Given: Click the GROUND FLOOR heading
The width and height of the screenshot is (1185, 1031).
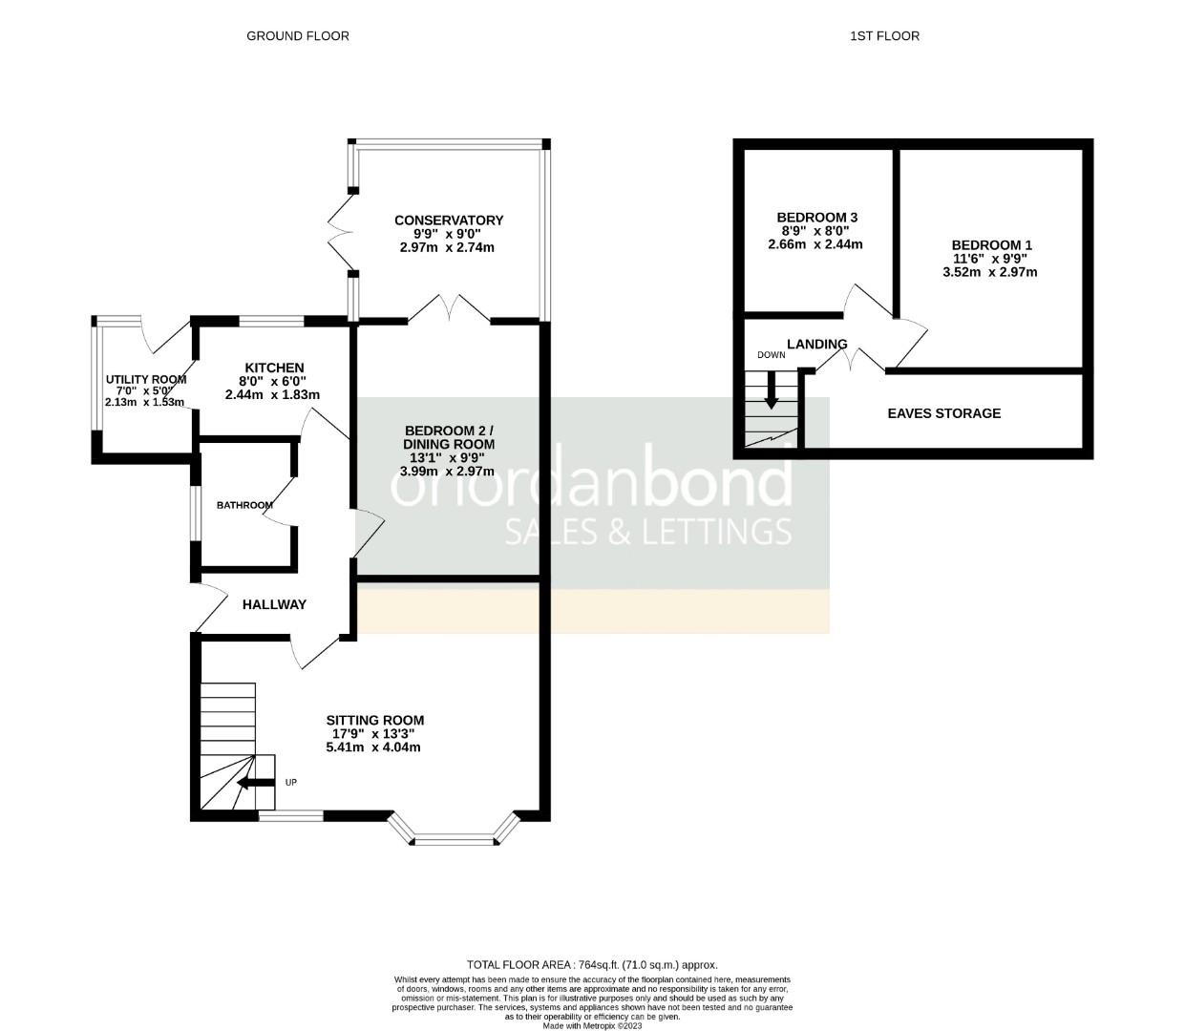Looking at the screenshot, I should pyautogui.click(x=298, y=36).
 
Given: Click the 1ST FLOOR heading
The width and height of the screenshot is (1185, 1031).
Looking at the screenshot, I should pyautogui.click(x=884, y=36).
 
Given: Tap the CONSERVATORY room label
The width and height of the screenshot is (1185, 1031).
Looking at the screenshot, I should pyautogui.click(x=448, y=221).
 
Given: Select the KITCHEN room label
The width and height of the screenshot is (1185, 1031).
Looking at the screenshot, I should pyautogui.click(x=274, y=368).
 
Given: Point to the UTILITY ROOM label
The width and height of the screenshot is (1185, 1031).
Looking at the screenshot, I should pyautogui.click(x=145, y=379).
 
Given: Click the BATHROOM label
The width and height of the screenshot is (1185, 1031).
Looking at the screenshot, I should pyautogui.click(x=244, y=505).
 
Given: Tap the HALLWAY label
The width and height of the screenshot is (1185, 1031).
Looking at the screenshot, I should pyautogui.click(x=274, y=604).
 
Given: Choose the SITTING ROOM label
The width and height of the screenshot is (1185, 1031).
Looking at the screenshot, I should pyautogui.click(x=374, y=721).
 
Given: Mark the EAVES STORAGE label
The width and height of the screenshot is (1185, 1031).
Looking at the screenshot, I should pyautogui.click(x=943, y=413).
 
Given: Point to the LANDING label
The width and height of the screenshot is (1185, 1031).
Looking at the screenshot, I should pyautogui.click(x=816, y=344).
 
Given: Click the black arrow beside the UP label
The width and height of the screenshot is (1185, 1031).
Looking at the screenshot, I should pyautogui.click(x=255, y=784).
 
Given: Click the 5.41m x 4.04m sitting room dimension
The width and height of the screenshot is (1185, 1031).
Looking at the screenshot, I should pyautogui.click(x=373, y=747).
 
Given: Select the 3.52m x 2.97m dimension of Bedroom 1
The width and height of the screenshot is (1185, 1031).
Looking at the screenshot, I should pyautogui.click(x=989, y=272).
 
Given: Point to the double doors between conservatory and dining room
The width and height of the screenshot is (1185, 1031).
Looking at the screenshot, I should pyautogui.click(x=449, y=309).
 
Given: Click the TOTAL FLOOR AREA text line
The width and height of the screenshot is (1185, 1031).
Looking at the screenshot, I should pyautogui.click(x=592, y=964).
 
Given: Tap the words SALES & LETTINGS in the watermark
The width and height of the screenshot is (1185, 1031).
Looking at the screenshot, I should pyautogui.click(x=647, y=531).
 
